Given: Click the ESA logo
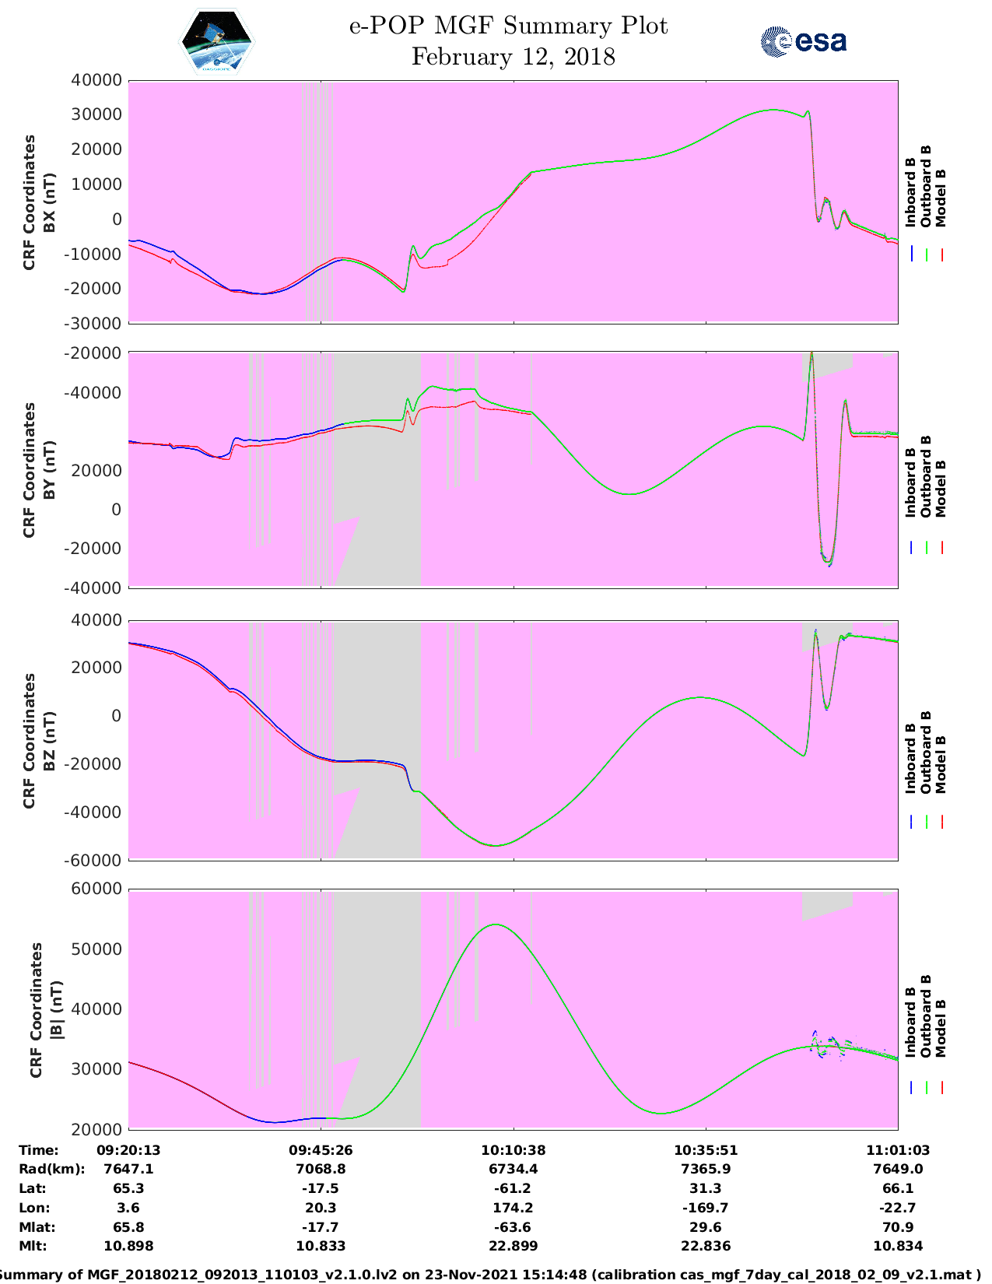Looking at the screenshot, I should [x=803, y=41].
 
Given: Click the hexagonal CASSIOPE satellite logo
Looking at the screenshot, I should [x=216, y=42].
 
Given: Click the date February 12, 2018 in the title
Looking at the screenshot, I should [x=513, y=57].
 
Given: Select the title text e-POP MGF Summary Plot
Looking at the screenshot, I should [x=508, y=26].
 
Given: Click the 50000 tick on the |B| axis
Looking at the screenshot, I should [x=98, y=949].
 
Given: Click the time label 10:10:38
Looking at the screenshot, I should [x=513, y=1149].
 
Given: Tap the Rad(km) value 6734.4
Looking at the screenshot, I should [x=513, y=1169].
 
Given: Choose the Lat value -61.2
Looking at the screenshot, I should [x=513, y=1188].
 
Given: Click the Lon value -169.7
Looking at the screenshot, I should [x=705, y=1208].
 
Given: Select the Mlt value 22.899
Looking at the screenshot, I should [x=513, y=1246].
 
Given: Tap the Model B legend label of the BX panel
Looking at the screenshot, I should [x=941, y=198].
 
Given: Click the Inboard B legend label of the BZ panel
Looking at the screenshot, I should [x=910, y=758].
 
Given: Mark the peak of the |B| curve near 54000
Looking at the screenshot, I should [x=496, y=924].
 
